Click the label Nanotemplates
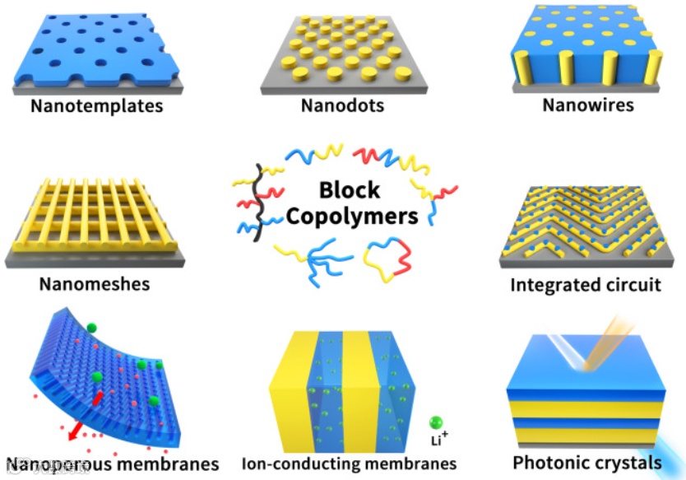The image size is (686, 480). click(x=97, y=106)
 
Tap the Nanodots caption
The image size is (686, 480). click(x=342, y=106)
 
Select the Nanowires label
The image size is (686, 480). click(x=588, y=105)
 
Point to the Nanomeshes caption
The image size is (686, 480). click(x=95, y=284)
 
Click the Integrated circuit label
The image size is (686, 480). click(x=586, y=285)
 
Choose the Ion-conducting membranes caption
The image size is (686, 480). click(x=349, y=464)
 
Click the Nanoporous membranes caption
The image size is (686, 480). click(x=113, y=463)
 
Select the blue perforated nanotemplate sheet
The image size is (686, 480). click(x=99, y=45)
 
